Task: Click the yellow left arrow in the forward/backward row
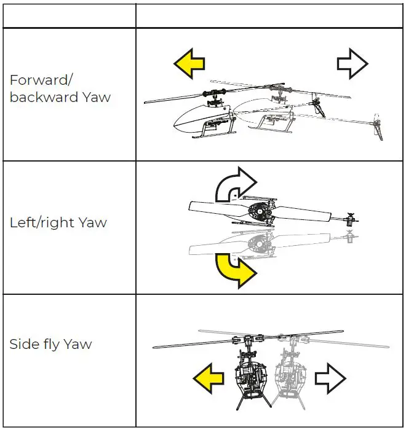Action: point(188,63)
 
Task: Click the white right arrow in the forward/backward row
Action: point(352,63)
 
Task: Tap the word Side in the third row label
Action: point(22,344)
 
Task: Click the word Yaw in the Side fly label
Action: point(78,344)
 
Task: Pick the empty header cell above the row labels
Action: point(69,16)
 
